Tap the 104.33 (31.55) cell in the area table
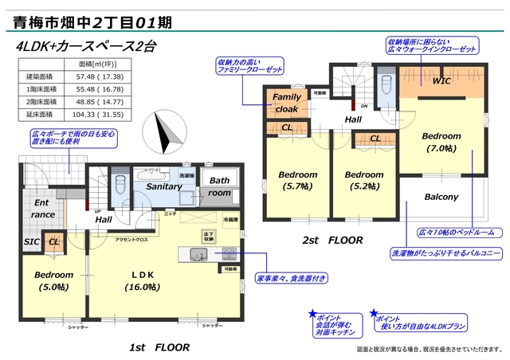point(98,115)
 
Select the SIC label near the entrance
point(31,241)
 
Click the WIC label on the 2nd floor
point(442,81)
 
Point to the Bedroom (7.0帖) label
point(441,143)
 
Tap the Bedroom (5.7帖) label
point(297,181)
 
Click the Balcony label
point(440,197)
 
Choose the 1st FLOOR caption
point(159,347)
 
